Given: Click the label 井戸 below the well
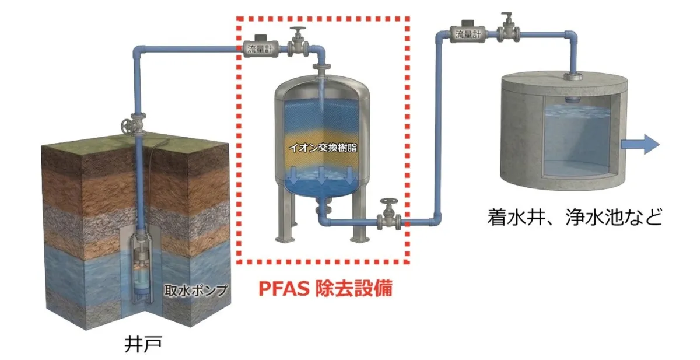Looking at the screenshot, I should click(x=142, y=343).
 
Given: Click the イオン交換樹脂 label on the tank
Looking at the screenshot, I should click(x=323, y=148).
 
